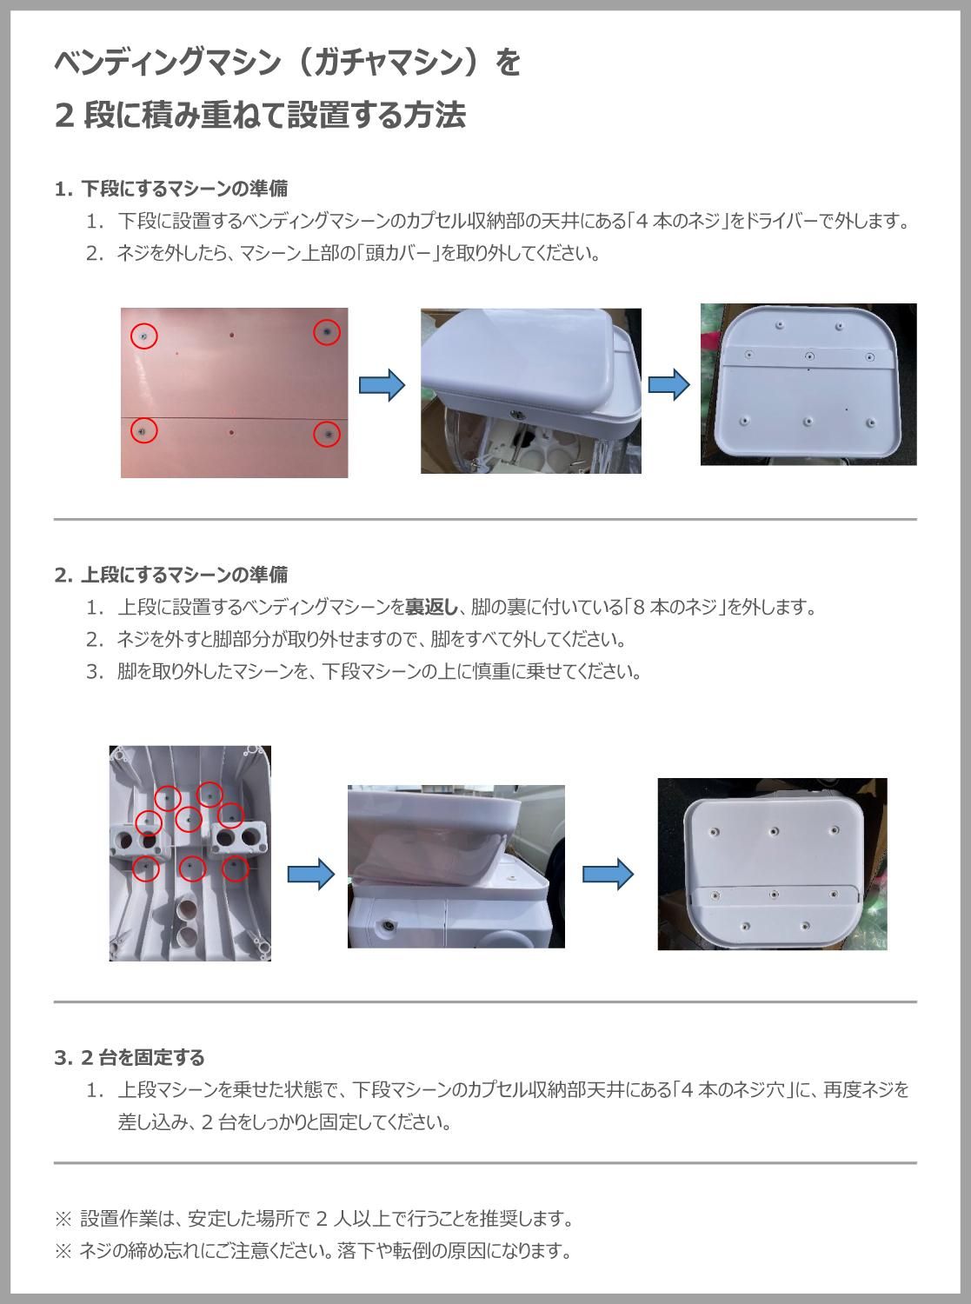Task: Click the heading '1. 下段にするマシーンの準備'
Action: coord(171,188)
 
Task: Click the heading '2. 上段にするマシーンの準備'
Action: coord(171,575)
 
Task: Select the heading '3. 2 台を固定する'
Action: coord(130,1057)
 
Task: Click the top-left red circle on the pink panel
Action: coord(144,335)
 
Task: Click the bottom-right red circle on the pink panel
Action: coord(327,434)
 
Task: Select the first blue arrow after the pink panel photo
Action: coord(382,385)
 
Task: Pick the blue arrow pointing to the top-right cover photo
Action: coord(669,385)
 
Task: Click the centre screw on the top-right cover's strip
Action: coord(809,356)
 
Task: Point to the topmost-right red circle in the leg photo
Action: coord(209,794)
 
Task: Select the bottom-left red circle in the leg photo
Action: coord(146,868)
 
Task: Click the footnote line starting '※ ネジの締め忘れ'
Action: coord(313,1251)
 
